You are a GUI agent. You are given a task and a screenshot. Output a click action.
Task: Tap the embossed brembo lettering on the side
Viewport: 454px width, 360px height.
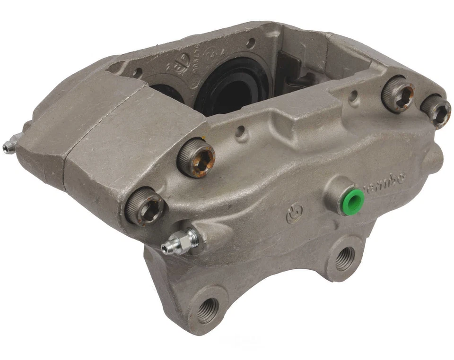click(385, 180)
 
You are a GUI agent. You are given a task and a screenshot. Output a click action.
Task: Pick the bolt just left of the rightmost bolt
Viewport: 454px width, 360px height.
click(398, 94)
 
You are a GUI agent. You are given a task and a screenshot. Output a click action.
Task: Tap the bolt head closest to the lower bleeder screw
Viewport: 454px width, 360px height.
click(145, 206)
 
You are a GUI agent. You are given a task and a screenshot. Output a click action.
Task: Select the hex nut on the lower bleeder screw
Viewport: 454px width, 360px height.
click(189, 239)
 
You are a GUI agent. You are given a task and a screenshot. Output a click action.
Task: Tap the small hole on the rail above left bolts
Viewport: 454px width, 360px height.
click(241, 133)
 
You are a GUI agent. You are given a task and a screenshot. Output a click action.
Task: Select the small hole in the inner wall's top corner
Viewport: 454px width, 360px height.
click(250, 43)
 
